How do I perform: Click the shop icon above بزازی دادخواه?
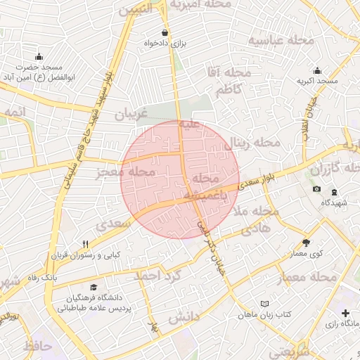[165, 32]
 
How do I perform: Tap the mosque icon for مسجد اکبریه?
[317, 70]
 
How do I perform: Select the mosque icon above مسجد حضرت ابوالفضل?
[39, 56]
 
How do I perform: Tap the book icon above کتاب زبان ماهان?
[264, 303]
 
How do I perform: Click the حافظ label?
[38, 346]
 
